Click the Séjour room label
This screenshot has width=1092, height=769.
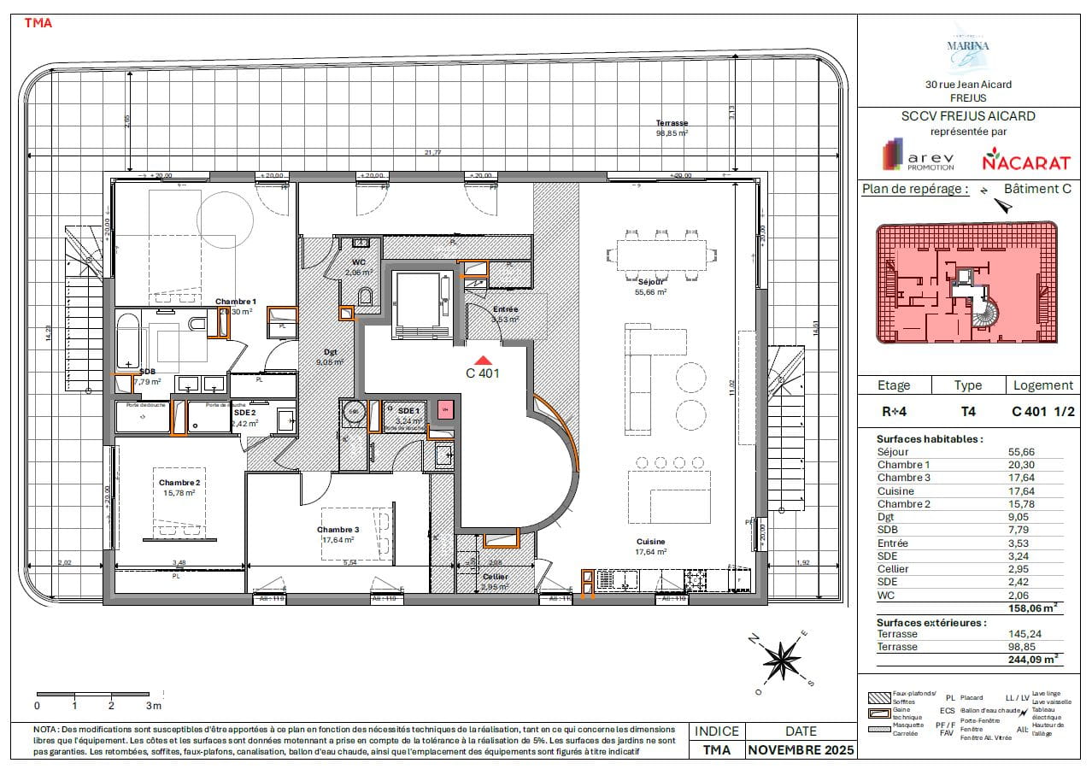(x=650, y=281)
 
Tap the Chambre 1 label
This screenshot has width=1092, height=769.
(x=236, y=302)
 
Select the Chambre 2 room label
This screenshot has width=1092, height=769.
(x=179, y=484)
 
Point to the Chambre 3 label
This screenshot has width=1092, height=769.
(x=339, y=530)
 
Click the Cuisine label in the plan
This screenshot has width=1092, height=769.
(x=650, y=542)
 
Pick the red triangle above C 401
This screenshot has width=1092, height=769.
(x=482, y=361)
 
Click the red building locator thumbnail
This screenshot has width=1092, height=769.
(x=966, y=283)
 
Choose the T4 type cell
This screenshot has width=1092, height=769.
(x=968, y=411)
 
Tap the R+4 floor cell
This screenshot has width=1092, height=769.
(x=895, y=411)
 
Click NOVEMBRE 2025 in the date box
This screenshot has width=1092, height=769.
(x=800, y=750)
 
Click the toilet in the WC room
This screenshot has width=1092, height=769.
(x=367, y=296)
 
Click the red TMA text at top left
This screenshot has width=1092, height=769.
(x=38, y=23)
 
